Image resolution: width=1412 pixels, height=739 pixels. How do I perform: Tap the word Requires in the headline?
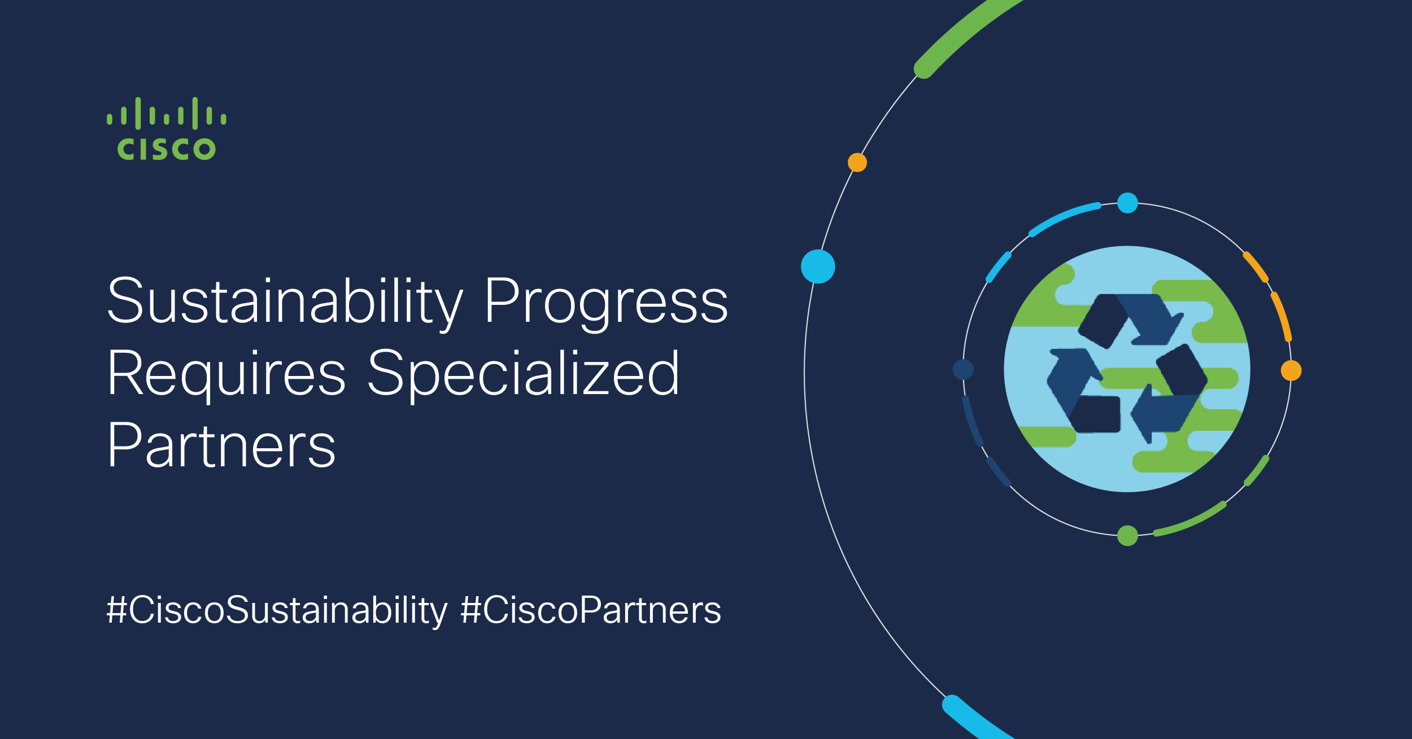pyautogui.click(x=226, y=374)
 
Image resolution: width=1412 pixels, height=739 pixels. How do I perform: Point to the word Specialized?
pyautogui.click(x=524, y=374)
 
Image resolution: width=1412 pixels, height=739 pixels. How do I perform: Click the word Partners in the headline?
pyautogui.click(x=222, y=445)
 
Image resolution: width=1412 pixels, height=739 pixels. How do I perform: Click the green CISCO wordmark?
pyautogui.click(x=167, y=149)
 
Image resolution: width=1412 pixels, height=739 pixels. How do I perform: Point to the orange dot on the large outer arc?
pyautogui.click(x=857, y=163)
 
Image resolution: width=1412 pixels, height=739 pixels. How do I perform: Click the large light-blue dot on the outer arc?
pyautogui.click(x=818, y=266)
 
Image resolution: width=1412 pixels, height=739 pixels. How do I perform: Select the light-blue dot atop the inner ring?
pyautogui.click(x=1127, y=203)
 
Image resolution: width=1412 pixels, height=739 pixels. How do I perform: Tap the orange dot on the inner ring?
pyautogui.click(x=1291, y=371)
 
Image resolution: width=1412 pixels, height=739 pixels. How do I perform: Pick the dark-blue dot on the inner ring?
pyautogui.click(x=963, y=370)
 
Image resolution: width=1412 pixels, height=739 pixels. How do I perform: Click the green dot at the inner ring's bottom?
pyautogui.click(x=1127, y=536)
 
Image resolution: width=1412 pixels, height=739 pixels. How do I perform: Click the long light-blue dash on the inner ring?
pyautogui.click(x=1063, y=216)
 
